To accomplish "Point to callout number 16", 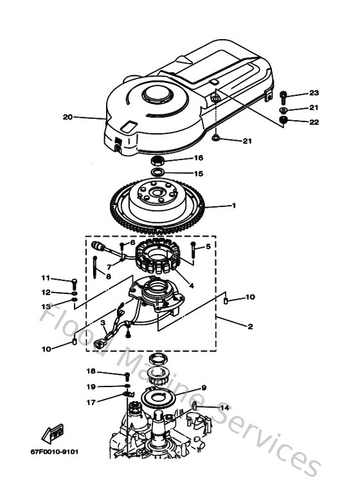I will click(199, 158).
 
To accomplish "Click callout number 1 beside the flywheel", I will click(234, 206).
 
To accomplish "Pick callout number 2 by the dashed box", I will click(250, 327).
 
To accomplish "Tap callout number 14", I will click(224, 408).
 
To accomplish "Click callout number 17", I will click(91, 403).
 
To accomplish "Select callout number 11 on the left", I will click(45, 278).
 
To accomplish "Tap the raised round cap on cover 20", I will click(157, 94).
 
